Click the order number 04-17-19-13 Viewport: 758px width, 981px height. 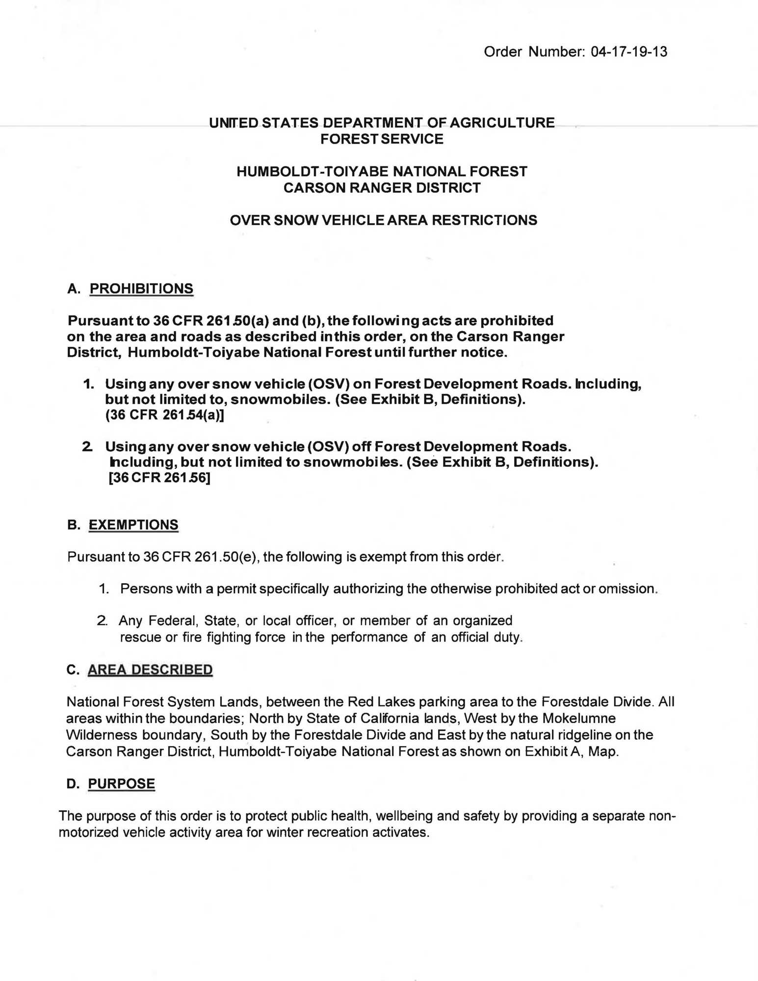click(629, 52)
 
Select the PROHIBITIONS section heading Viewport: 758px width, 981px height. click(141, 288)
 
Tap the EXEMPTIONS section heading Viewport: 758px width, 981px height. click(133, 525)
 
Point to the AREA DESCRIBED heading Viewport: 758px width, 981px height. click(150, 670)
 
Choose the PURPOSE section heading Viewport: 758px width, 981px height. click(121, 784)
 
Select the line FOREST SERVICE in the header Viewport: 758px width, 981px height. click(382, 139)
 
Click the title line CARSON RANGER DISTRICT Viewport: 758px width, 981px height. click(382, 188)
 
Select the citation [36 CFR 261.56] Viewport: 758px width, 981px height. click(159, 478)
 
